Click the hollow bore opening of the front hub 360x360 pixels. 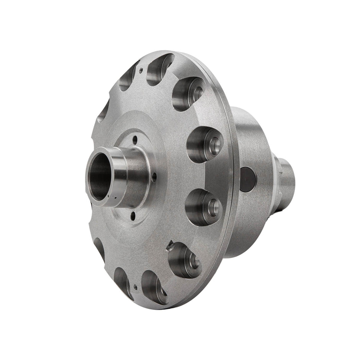[x=100, y=177]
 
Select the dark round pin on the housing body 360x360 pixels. [x=248, y=179]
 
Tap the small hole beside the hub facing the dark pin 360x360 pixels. [x=154, y=177]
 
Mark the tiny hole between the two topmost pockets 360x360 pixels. [x=141, y=70]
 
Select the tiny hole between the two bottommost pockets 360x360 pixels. [x=135, y=285]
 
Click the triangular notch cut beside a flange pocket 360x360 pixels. [x=170, y=245]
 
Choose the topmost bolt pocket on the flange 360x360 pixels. [x=160, y=69]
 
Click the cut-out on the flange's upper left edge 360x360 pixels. [x=103, y=112]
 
